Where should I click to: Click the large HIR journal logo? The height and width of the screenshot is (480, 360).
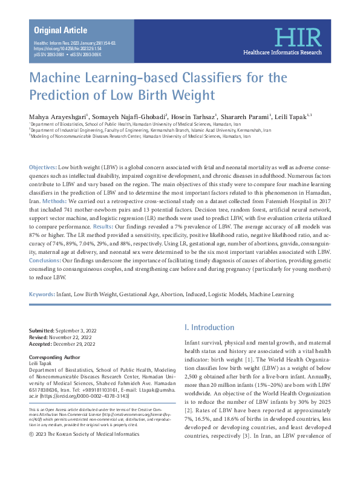click(x=293, y=37)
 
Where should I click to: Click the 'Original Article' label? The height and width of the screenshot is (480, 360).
click(x=60, y=30)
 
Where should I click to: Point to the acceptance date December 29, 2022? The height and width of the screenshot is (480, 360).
click(x=79, y=345)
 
